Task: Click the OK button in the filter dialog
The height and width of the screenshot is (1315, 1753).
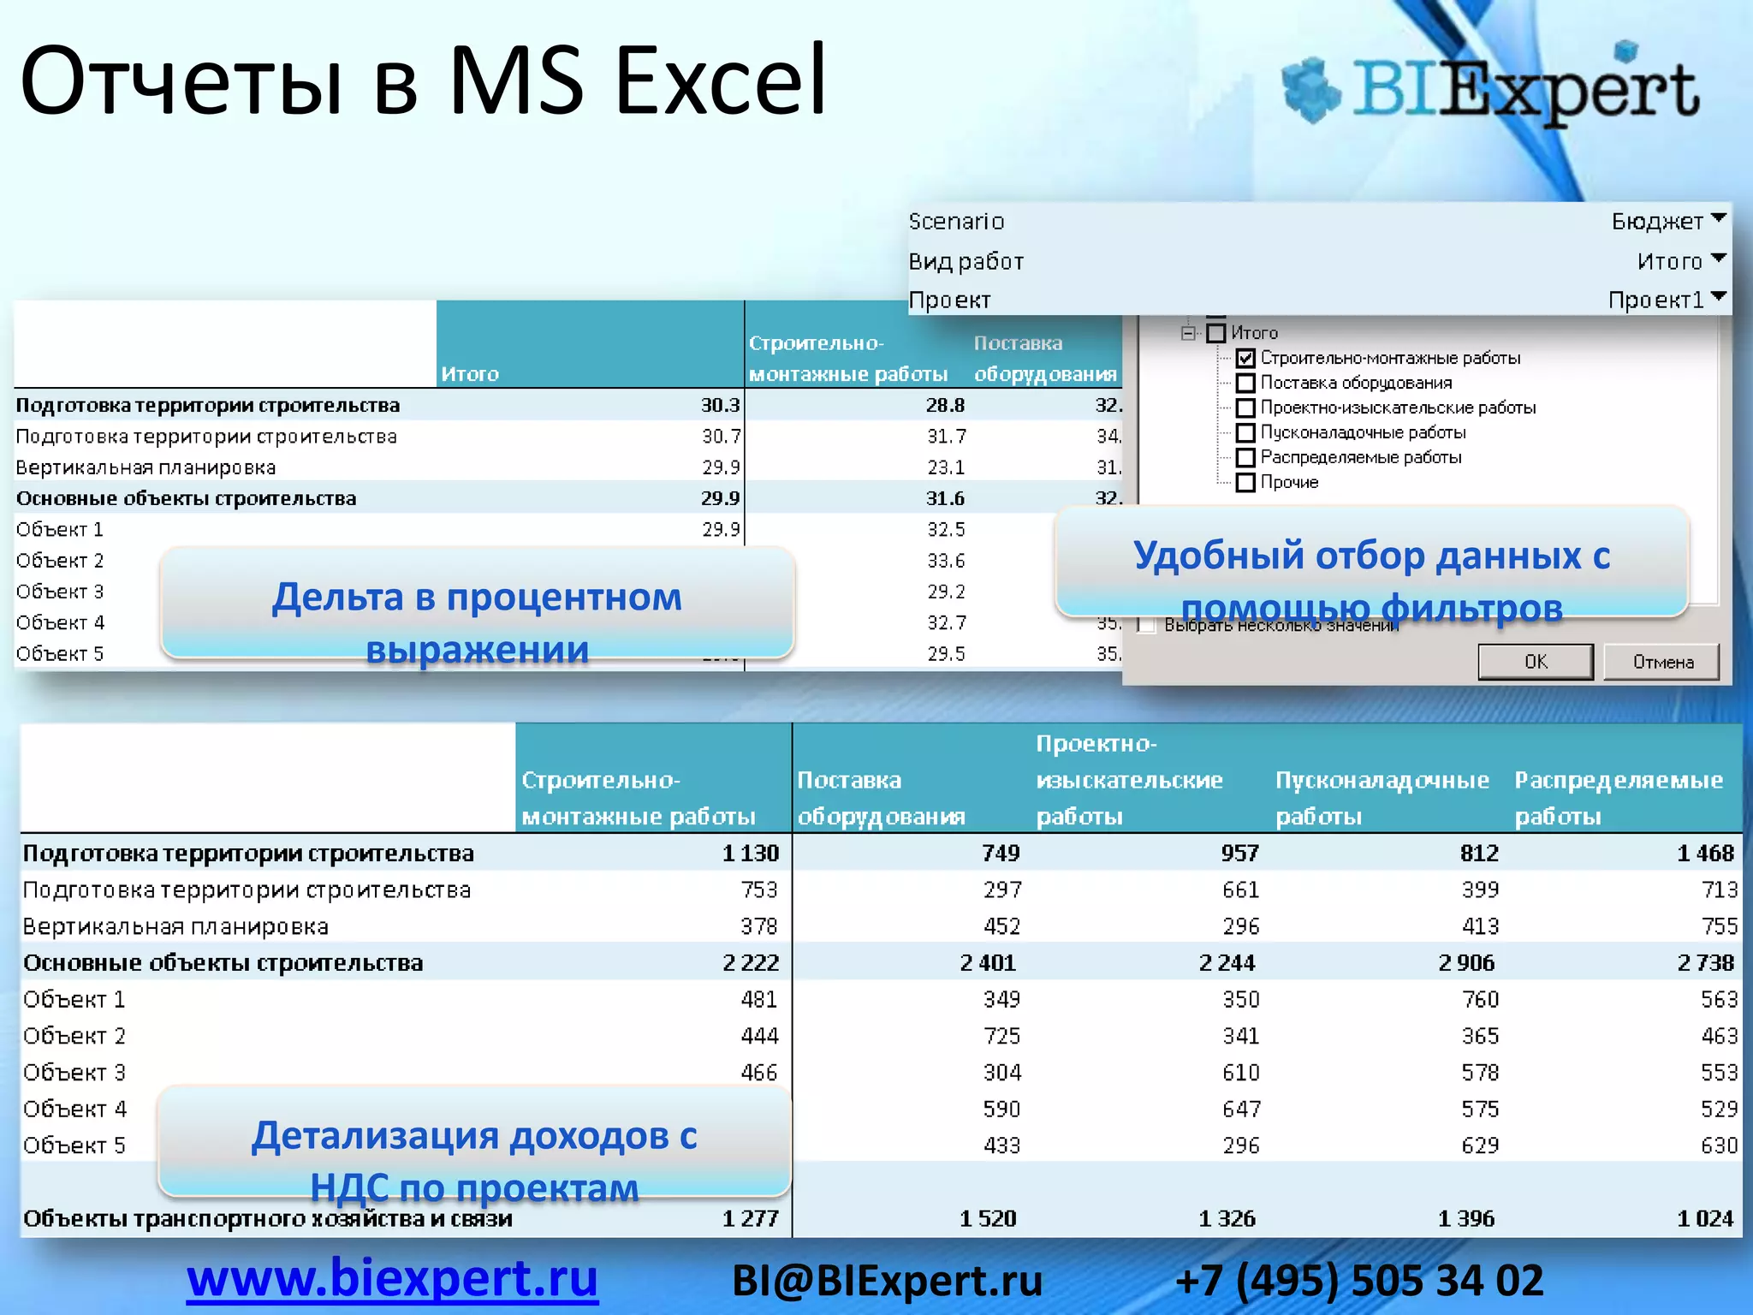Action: click(1535, 662)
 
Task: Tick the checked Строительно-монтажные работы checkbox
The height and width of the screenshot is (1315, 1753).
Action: click(1245, 359)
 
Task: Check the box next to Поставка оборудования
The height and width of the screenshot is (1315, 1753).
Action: click(1245, 384)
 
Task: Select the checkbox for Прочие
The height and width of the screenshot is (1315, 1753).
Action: click(1245, 483)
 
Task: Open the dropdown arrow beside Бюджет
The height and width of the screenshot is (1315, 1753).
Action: click(1718, 219)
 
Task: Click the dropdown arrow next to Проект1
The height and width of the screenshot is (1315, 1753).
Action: click(1718, 298)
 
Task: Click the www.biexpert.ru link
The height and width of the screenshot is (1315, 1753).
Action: click(392, 1279)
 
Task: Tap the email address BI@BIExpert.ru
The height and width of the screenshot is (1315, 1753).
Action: click(887, 1282)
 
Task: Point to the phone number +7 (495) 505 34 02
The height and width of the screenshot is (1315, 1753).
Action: click(1359, 1282)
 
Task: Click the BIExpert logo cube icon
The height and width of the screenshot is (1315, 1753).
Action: click(1310, 90)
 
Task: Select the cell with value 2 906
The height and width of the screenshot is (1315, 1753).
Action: click(1466, 963)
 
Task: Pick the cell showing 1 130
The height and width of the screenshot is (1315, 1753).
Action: click(750, 854)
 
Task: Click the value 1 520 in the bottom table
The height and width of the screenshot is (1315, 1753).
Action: click(988, 1218)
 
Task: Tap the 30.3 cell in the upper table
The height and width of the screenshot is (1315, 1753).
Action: click(720, 405)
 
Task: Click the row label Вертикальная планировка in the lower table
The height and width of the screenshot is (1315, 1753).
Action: click(175, 926)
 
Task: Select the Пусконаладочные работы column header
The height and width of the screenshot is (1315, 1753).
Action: click(1381, 797)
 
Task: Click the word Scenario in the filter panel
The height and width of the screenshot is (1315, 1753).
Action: click(956, 222)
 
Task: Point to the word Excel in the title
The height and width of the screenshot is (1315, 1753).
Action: click(721, 81)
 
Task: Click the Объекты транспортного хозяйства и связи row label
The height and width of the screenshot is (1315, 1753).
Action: click(267, 1218)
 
